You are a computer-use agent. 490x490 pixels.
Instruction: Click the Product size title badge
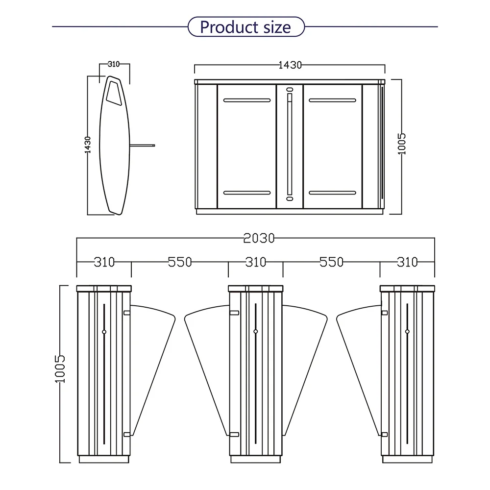pyautogui.click(x=246, y=27)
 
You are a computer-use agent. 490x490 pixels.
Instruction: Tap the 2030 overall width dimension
pyautogui.click(x=259, y=238)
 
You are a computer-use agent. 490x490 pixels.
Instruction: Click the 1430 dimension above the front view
pyautogui.click(x=290, y=65)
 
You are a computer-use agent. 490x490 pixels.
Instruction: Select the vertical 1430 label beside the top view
pyautogui.click(x=88, y=145)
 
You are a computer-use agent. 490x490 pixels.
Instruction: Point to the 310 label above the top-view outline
pyautogui.click(x=114, y=64)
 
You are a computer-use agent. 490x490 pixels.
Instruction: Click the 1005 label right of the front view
pyautogui.click(x=402, y=144)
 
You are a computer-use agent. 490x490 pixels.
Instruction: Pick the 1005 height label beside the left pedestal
pyautogui.click(x=60, y=369)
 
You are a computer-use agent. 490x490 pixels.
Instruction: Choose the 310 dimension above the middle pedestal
pyautogui.click(x=256, y=262)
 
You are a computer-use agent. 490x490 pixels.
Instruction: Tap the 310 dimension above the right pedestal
pyautogui.click(x=407, y=262)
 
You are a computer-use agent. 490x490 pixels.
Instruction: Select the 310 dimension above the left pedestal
pyautogui.click(x=104, y=262)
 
